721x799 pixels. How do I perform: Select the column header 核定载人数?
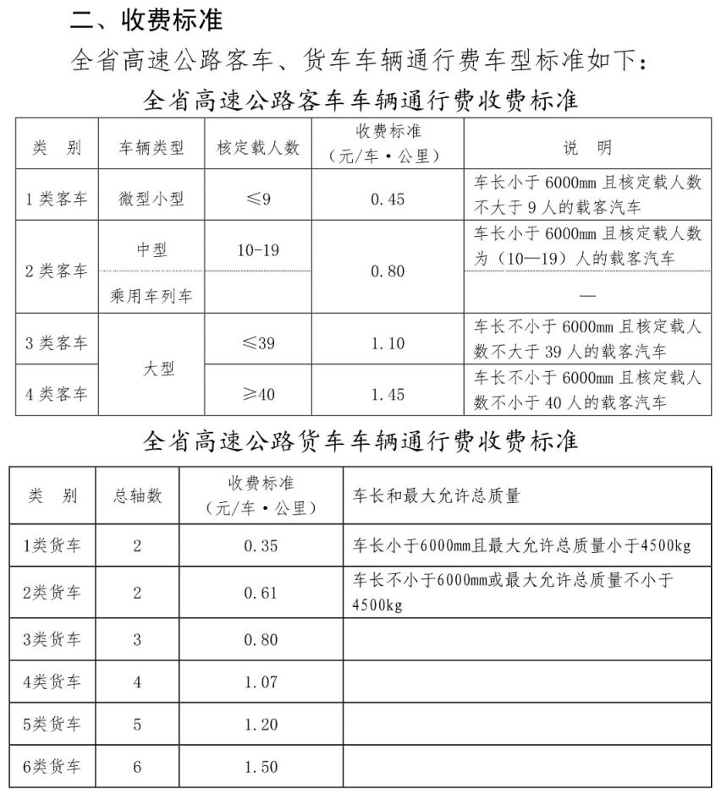tap(258, 147)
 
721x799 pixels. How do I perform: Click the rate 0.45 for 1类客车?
tap(388, 199)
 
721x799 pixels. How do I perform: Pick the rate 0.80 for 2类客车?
tap(388, 271)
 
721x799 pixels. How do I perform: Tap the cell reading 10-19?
tap(258, 250)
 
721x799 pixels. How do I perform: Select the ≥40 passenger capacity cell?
tap(258, 394)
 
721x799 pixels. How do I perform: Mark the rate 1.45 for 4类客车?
tap(388, 394)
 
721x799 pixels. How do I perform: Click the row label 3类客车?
tap(56, 343)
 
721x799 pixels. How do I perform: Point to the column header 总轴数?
tap(137, 496)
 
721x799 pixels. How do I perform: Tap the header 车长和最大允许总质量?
tap(436, 496)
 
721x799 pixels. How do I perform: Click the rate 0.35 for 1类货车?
tap(260, 545)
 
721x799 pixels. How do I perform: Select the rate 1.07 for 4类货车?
tap(260, 681)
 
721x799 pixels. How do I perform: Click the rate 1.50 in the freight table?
tap(260, 766)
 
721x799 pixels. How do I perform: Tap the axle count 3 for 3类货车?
tap(137, 639)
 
